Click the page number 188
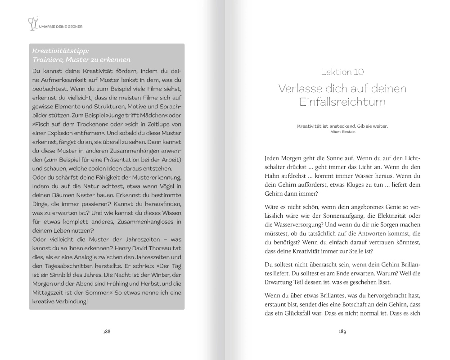tap(107, 332)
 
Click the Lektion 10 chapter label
tap(342, 72)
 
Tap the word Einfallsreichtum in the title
tap(342, 102)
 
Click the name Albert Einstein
tap(342, 132)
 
